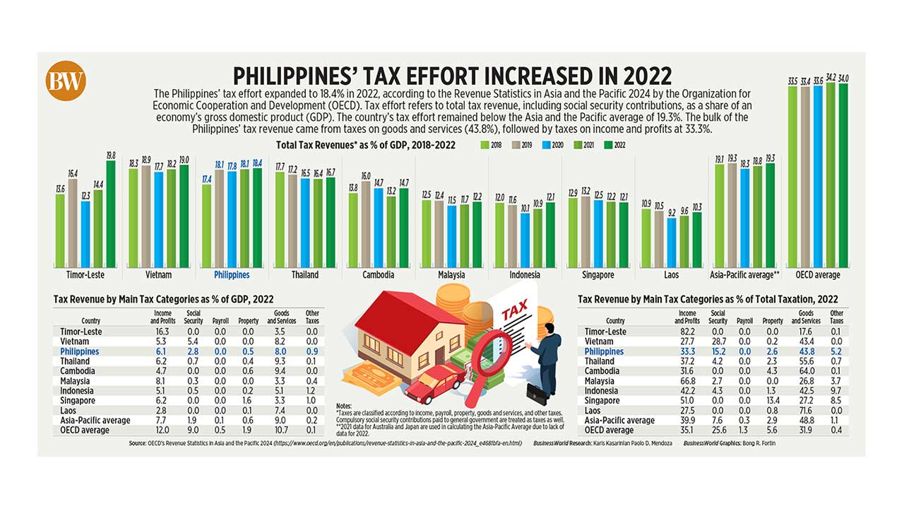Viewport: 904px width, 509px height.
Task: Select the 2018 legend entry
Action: pyautogui.click(x=491, y=145)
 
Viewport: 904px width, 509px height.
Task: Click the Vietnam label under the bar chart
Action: pyautogui.click(x=160, y=275)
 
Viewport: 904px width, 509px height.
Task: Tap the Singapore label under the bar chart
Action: pyautogui.click(x=597, y=275)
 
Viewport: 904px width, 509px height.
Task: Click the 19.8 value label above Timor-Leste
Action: pyautogui.click(x=111, y=156)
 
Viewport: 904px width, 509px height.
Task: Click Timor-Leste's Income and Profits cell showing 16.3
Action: pyautogui.click(x=163, y=332)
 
